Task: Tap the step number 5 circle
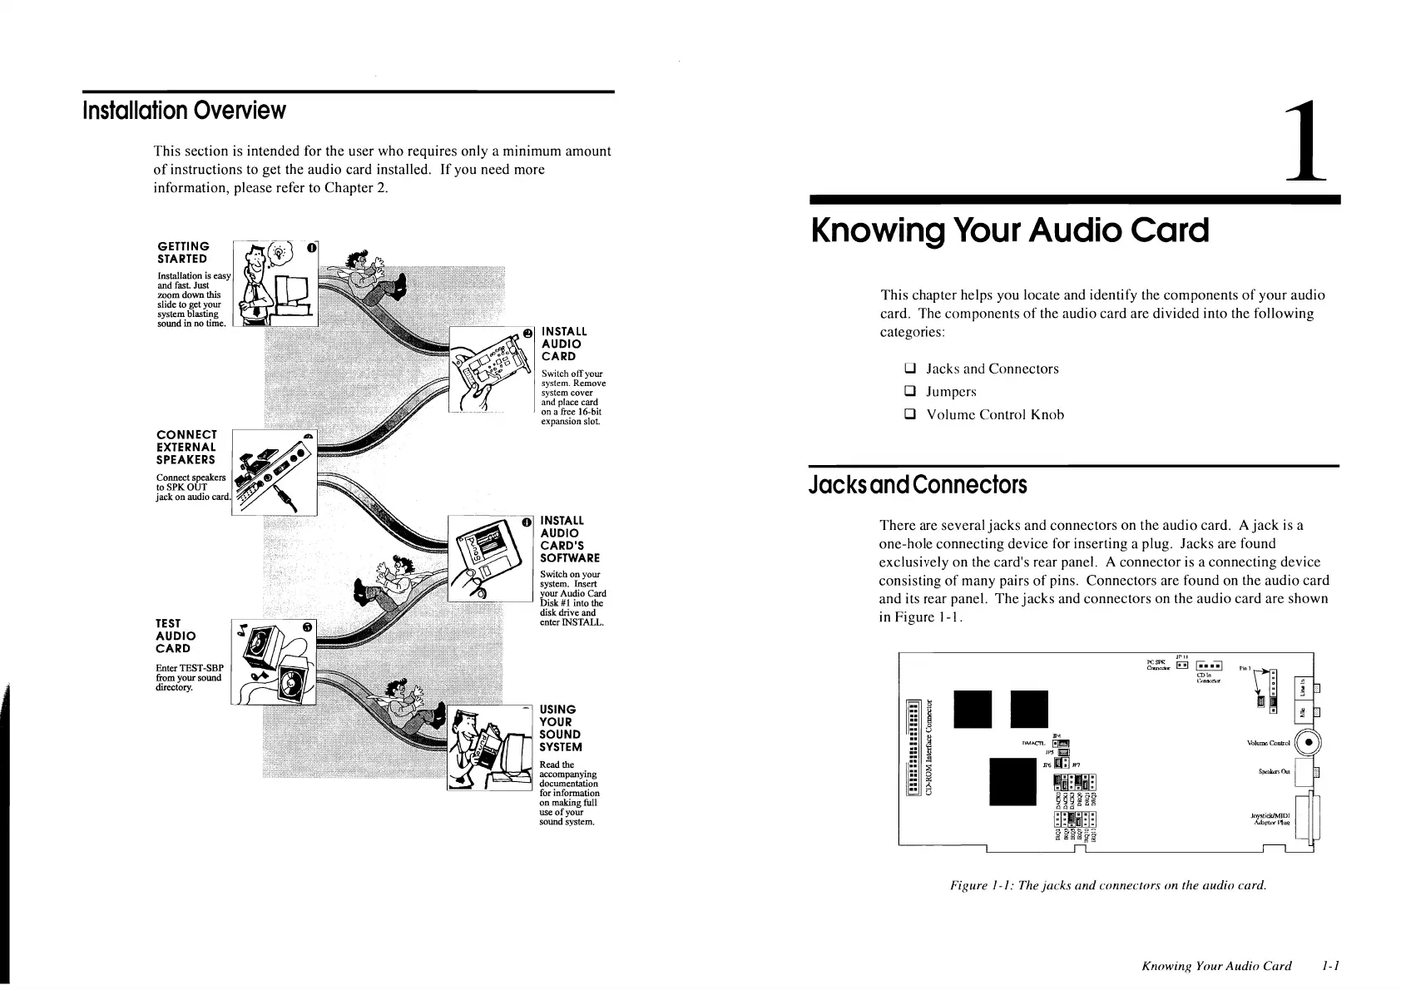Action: tap(307, 627)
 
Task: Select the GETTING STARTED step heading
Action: tap(183, 252)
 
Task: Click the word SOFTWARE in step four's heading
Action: tap(569, 558)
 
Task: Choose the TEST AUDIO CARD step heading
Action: tap(174, 636)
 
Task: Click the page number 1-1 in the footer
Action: tap(1334, 966)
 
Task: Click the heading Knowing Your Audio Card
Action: tap(1010, 230)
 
